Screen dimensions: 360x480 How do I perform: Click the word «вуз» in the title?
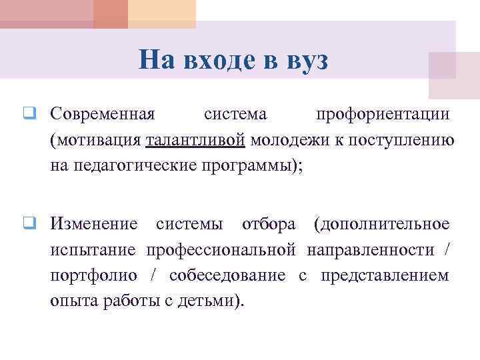(307, 61)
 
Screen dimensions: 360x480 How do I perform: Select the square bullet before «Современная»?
(30, 114)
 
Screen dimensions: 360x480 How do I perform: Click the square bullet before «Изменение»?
(30, 223)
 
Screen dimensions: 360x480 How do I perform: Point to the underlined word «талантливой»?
(195, 140)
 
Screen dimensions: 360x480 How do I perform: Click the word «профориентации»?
(383, 114)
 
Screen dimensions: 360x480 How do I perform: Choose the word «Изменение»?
(94, 223)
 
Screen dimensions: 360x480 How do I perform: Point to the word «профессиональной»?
(221, 249)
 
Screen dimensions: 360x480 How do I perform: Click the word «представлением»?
(385, 275)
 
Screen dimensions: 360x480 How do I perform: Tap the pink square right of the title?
(453, 75)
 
